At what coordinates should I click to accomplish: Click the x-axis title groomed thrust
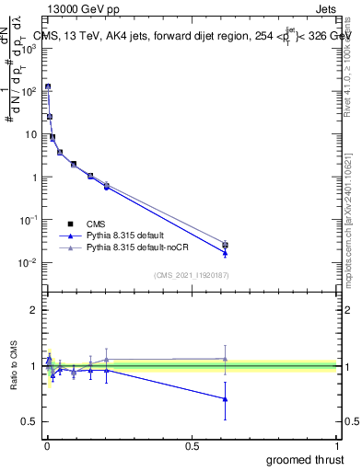(x=307, y=458)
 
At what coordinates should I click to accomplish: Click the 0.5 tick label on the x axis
(x=193, y=446)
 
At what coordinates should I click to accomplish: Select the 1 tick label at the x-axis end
(x=339, y=446)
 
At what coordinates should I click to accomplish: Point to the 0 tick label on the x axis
(x=47, y=446)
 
